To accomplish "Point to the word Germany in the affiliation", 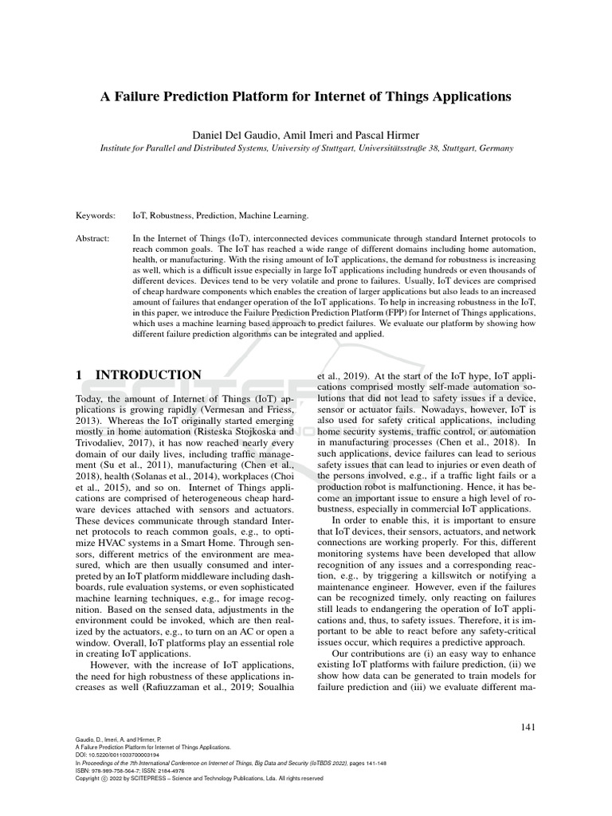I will click(493, 147).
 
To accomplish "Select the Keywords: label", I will click(95, 215).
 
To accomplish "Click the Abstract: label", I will click(93, 238).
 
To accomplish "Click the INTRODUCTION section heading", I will click(149, 375).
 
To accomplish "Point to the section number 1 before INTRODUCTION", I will click(79, 375).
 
